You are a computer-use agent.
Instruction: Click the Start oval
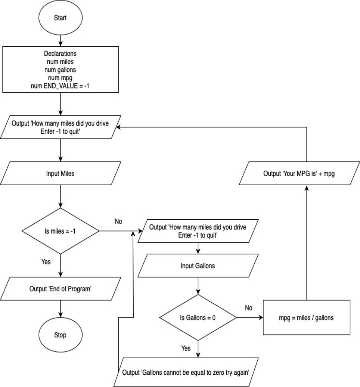(x=60, y=18)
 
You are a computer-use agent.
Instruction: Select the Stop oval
(x=60, y=335)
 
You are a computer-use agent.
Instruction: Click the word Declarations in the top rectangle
(x=60, y=54)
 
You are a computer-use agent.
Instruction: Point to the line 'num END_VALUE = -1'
(x=60, y=86)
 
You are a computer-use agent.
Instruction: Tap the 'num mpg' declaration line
(x=60, y=78)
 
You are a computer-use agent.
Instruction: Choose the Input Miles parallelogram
(x=60, y=173)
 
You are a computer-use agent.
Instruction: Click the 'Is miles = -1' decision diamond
(x=60, y=231)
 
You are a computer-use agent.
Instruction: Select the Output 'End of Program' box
(x=60, y=289)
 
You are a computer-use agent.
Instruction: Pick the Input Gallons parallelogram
(x=198, y=266)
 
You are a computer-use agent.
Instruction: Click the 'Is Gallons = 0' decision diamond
(x=198, y=318)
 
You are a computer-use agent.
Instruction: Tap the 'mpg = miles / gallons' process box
(x=306, y=318)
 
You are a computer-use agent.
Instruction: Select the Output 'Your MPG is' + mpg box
(x=299, y=173)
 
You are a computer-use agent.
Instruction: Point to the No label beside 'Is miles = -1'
(x=118, y=222)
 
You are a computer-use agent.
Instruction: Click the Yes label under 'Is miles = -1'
(x=46, y=262)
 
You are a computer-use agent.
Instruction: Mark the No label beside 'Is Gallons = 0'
(x=249, y=308)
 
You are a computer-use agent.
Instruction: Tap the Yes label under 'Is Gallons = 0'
(x=186, y=348)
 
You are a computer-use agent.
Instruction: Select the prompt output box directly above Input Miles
(x=60, y=127)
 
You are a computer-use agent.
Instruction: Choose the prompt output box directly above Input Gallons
(x=198, y=231)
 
